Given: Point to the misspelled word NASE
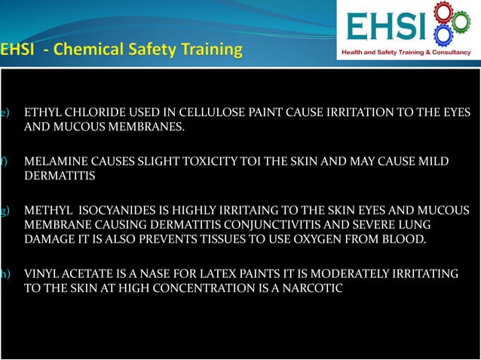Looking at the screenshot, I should tap(135, 273).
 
